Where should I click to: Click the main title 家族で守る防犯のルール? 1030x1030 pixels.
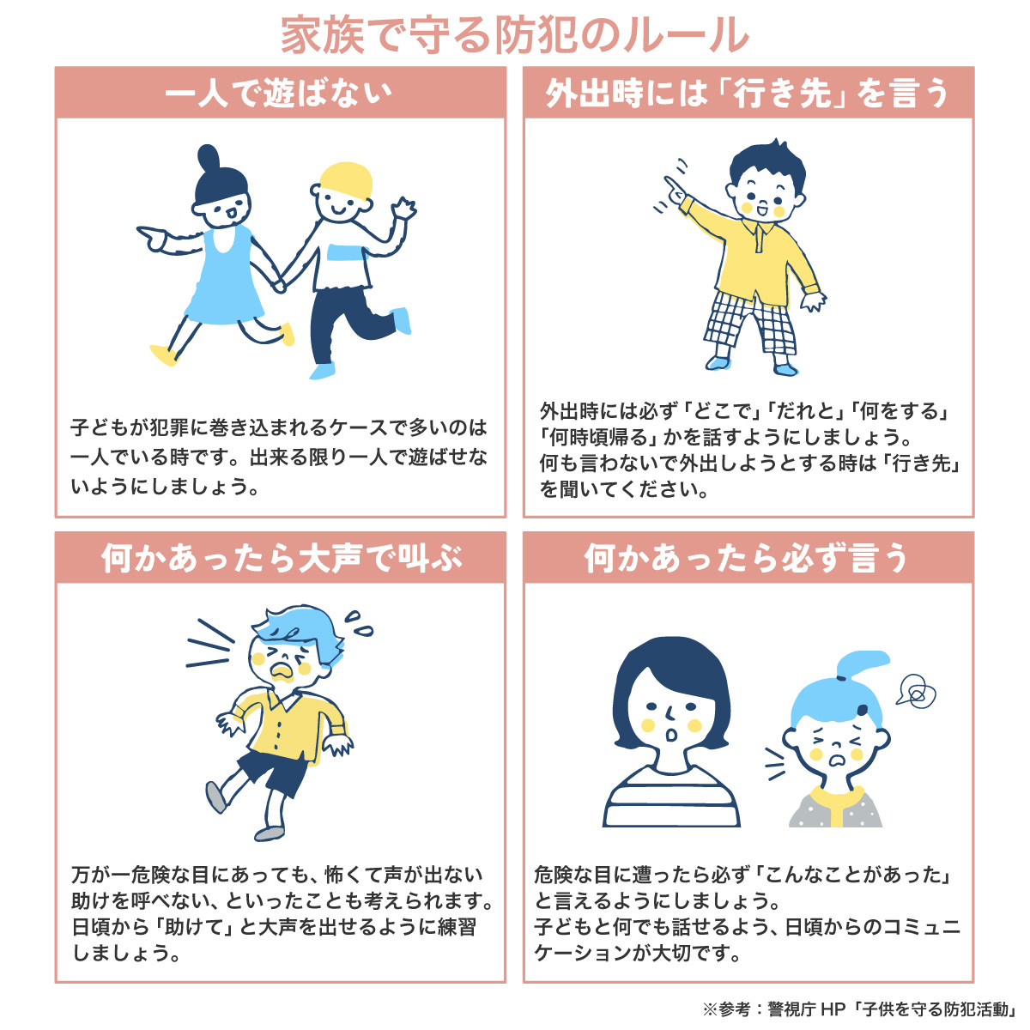click(x=514, y=34)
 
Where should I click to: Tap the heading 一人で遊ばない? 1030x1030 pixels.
click(x=278, y=93)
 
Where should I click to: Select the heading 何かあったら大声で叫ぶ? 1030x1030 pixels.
click(x=282, y=558)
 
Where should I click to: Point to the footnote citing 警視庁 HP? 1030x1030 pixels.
click(x=860, y=1009)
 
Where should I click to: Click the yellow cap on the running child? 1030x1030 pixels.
click(x=346, y=180)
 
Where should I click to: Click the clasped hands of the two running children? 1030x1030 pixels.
click(x=280, y=284)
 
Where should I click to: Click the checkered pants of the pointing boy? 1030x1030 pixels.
click(x=749, y=324)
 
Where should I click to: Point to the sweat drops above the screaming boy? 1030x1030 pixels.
click(x=358, y=624)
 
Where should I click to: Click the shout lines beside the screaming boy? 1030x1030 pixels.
click(x=209, y=644)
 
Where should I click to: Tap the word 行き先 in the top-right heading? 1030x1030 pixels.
click(x=784, y=93)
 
